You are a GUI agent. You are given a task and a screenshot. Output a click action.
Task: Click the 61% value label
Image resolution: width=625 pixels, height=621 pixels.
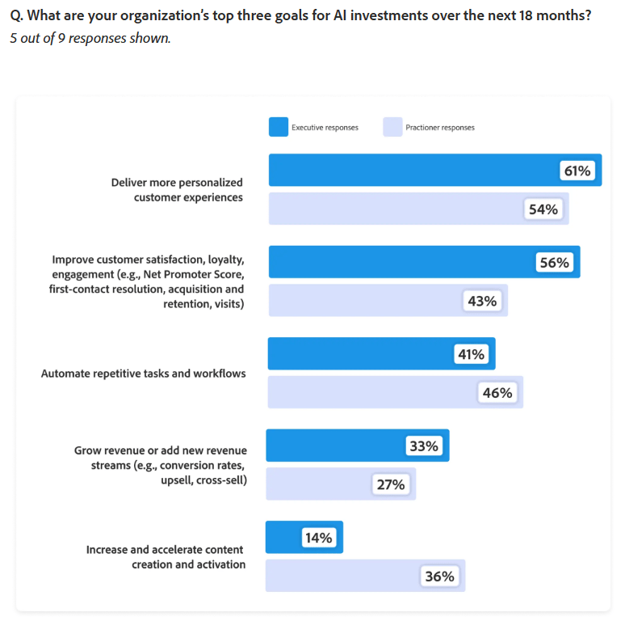click(577, 171)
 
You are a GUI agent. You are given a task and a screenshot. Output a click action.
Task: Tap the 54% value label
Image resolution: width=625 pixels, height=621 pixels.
click(543, 209)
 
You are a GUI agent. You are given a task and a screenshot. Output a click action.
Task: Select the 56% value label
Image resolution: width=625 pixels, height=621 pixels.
click(554, 263)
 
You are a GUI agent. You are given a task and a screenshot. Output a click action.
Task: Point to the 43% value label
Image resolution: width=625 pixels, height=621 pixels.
click(482, 302)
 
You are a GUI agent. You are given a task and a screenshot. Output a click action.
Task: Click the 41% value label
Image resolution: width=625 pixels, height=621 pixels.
click(471, 354)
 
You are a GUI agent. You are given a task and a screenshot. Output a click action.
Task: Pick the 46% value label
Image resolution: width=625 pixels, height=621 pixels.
click(497, 393)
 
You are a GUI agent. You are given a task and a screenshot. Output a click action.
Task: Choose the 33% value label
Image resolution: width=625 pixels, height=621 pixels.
click(424, 446)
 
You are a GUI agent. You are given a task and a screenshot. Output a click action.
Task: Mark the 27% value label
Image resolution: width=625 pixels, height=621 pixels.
click(391, 485)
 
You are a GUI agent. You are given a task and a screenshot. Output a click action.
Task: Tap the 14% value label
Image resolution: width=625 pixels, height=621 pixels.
click(318, 538)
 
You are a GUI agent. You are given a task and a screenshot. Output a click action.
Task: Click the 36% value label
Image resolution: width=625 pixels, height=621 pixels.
click(440, 577)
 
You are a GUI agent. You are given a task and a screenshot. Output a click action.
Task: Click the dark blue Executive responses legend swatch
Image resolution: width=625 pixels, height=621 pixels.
click(278, 127)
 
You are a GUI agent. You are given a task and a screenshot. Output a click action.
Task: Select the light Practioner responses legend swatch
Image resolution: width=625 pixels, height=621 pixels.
click(392, 127)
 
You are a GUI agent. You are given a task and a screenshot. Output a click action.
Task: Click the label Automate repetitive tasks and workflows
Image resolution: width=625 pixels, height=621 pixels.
click(144, 374)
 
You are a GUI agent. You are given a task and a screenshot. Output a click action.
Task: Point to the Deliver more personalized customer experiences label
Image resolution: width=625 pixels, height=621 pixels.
click(177, 190)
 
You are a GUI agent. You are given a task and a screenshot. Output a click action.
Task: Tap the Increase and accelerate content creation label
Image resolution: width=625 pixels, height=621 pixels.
click(166, 557)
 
